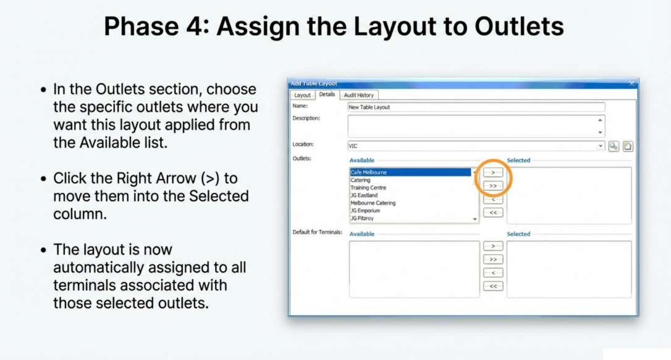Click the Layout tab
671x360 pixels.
click(302, 95)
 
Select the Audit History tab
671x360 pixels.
click(358, 95)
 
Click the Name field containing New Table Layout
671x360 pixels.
click(476, 107)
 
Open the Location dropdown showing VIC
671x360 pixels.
click(600, 146)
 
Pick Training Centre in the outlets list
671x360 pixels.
click(368, 188)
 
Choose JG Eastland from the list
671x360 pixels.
click(364, 195)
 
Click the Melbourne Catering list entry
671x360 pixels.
click(373, 203)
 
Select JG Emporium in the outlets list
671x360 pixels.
click(365, 211)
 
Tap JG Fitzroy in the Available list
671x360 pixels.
click(362, 219)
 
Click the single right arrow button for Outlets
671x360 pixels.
click(493, 172)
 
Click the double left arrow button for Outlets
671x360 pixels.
click(493, 212)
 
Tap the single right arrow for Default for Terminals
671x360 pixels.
click(493, 246)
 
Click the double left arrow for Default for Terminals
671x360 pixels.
click(493, 286)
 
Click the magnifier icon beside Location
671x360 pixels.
click(614, 146)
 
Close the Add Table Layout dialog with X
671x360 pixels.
click(631, 83)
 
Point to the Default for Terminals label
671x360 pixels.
click(317, 232)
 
